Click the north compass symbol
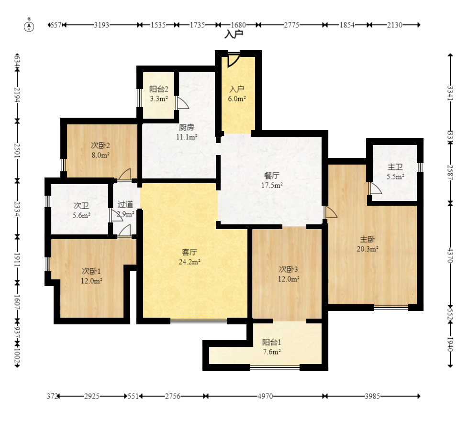click(x=29, y=27)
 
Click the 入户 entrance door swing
click(x=234, y=60)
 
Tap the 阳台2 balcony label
click(x=159, y=89)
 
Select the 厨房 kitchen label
click(x=187, y=127)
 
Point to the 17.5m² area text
click(x=272, y=185)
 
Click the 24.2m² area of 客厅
click(x=189, y=262)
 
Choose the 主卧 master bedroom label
click(x=368, y=239)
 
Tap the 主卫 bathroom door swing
click(x=376, y=188)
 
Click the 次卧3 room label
click(x=289, y=269)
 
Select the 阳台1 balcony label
click(x=272, y=342)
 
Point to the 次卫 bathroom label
click(x=81, y=206)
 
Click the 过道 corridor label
click(x=125, y=204)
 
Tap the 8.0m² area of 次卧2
click(x=100, y=155)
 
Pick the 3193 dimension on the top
click(x=101, y=25)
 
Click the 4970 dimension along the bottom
click(x=265, y=396)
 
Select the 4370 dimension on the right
click(x=450, y=255)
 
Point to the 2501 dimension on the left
click(x=17, y=151)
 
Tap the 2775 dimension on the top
click(x=291, y=25)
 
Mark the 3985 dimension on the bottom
click(x=372, y=396)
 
